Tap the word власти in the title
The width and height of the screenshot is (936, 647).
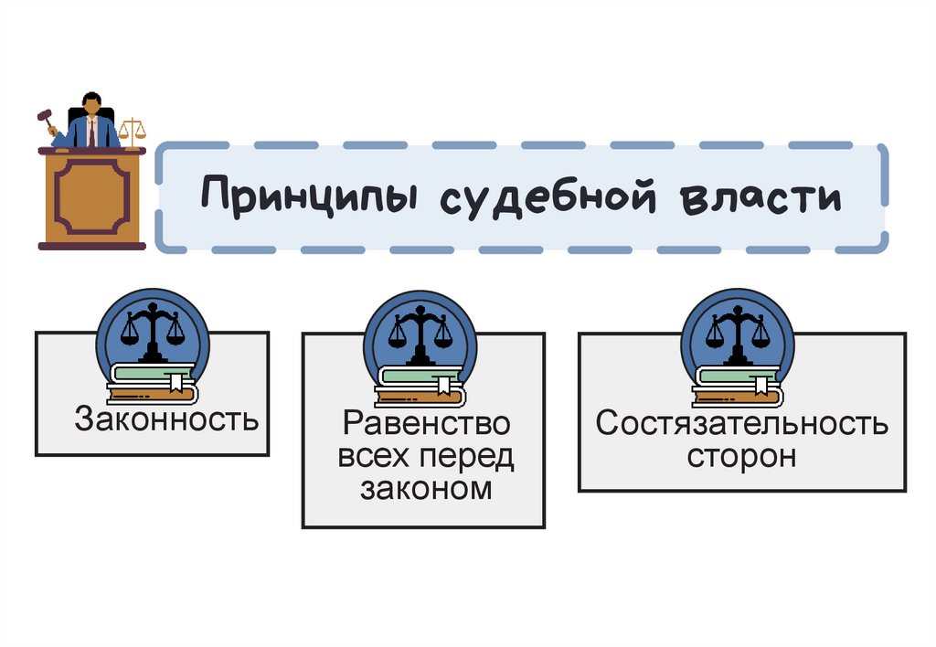760,196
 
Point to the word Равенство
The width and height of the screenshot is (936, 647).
426,424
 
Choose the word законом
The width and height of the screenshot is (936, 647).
426,490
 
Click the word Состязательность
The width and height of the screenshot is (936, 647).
741,424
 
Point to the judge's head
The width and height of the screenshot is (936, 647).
91,103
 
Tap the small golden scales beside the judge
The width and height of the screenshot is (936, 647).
132,132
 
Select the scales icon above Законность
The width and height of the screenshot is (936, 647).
152,329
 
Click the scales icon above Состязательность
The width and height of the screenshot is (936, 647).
738,329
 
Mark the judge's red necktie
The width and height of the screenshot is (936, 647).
92,133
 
